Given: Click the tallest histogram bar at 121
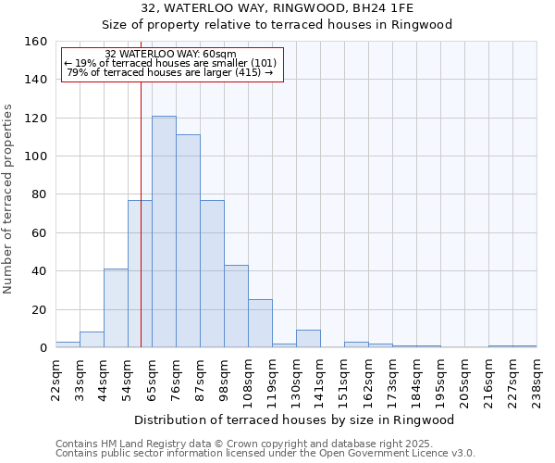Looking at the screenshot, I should click(x=164, y=231).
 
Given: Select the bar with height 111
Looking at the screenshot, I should click(x=188, y=241).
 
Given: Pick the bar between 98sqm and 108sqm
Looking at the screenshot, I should click(x=236, y=307).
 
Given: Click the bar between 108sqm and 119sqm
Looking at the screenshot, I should click(x=260, y=323).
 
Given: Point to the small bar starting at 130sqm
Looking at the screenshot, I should click(x=308, y=339).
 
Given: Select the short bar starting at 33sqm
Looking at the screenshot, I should click(x=92, y=340).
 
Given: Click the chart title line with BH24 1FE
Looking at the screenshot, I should click(x=277, y=7).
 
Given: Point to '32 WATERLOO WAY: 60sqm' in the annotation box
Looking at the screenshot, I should click(x=170, y=54).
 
